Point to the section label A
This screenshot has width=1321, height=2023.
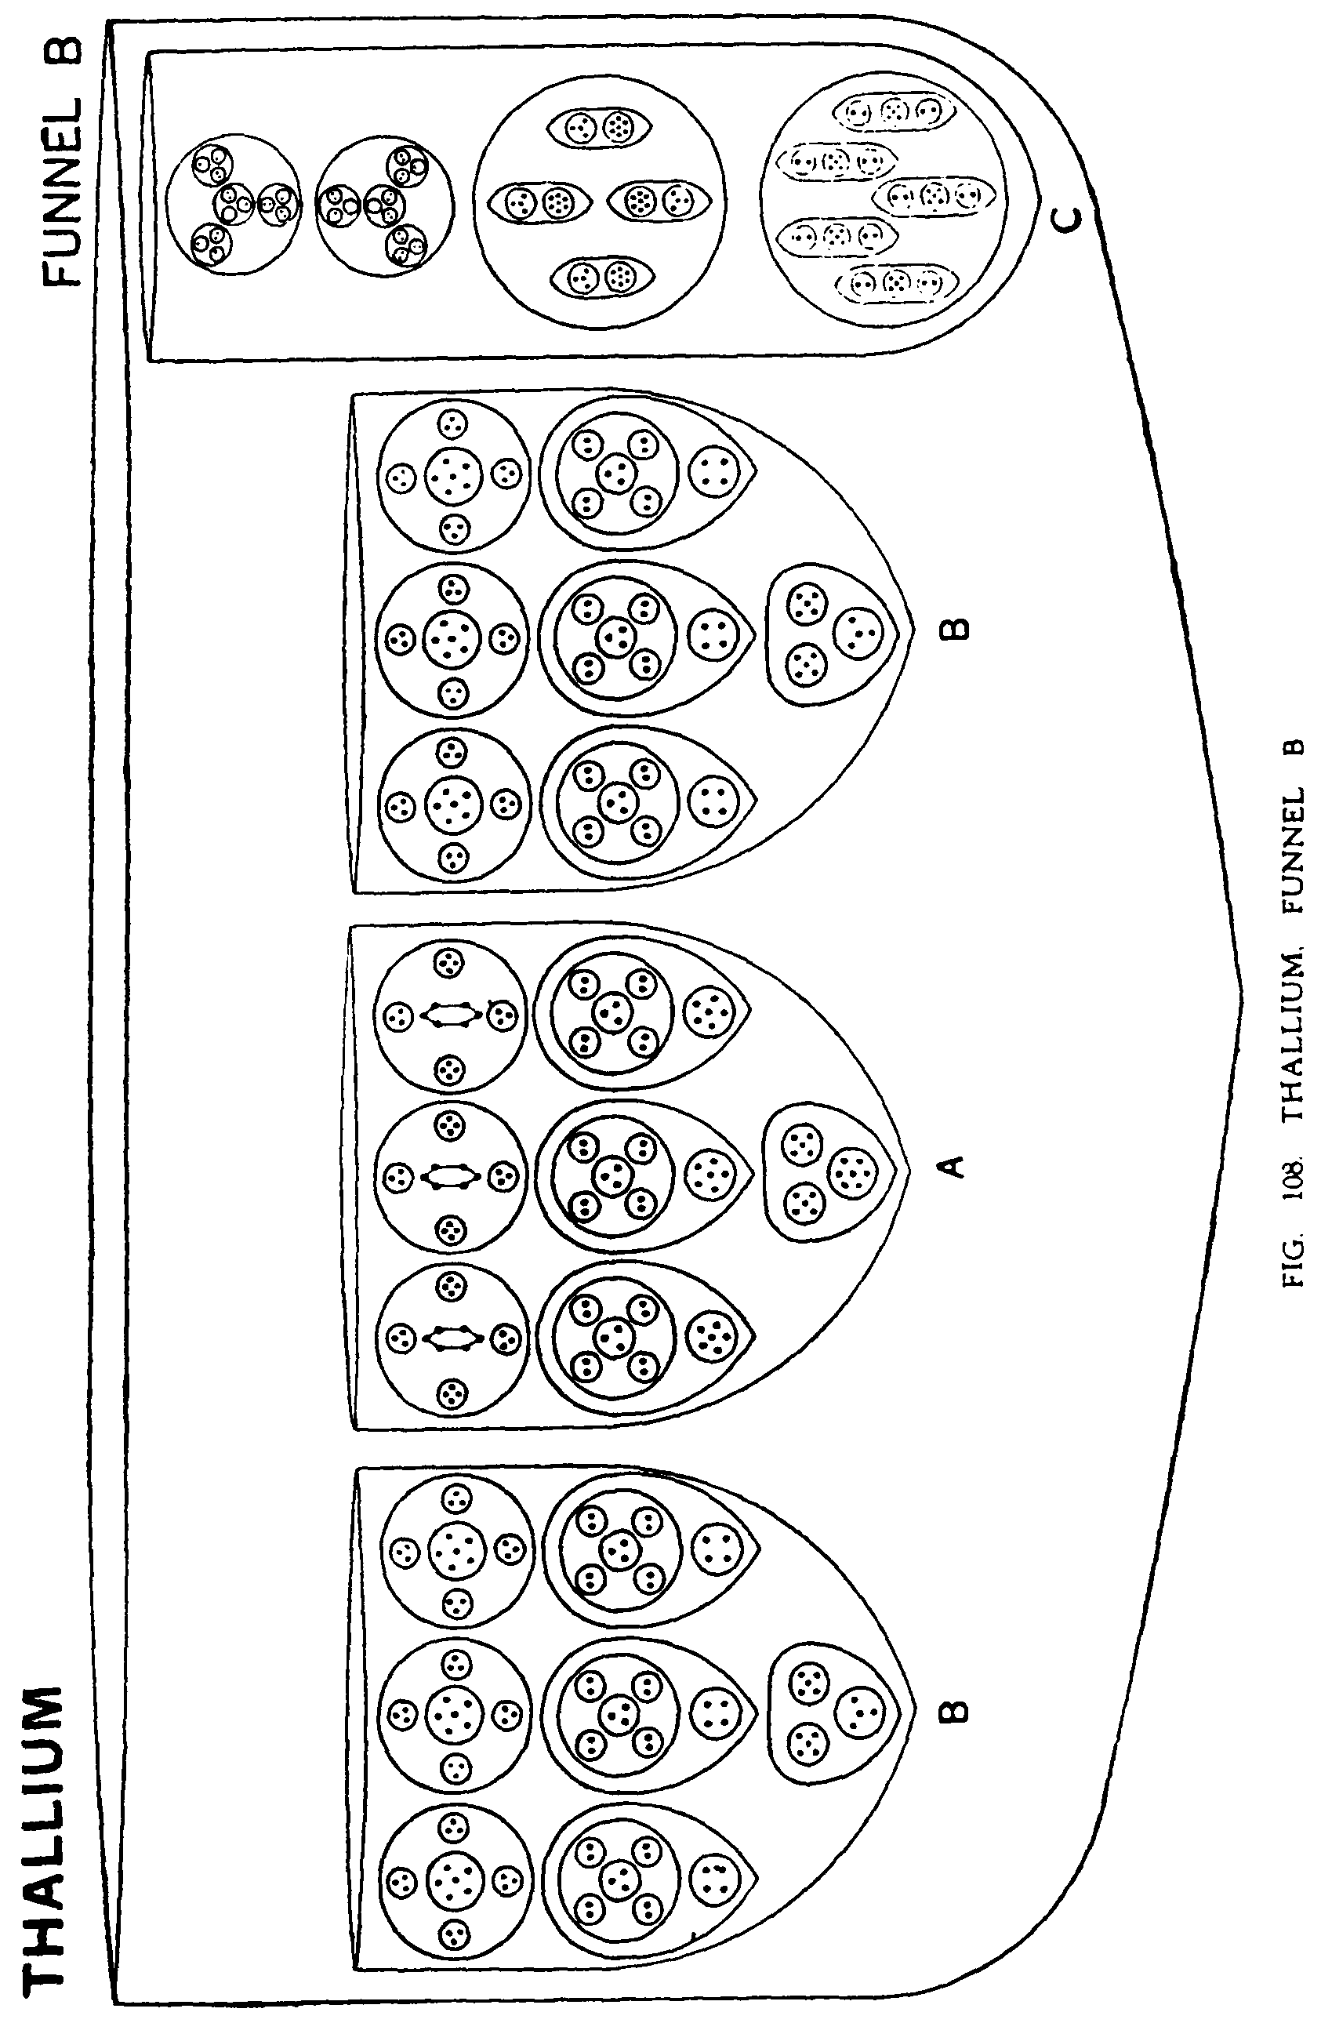point(954,1165)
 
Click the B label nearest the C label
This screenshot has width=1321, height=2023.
point(956,629)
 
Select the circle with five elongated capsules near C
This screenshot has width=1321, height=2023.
point(883,197)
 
